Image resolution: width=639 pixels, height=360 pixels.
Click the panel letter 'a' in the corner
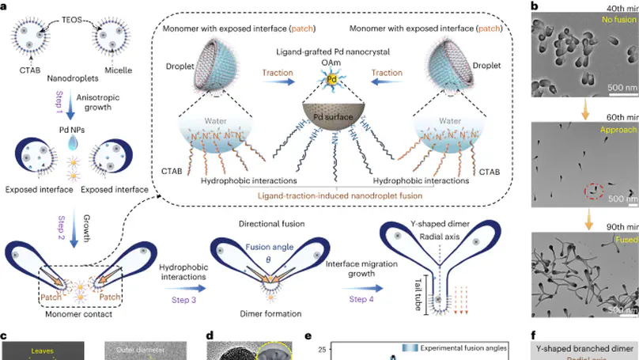click(x=5, y=6)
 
